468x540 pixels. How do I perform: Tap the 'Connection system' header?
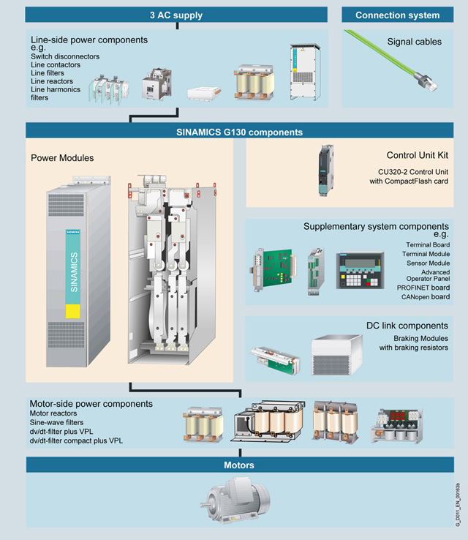coord(398,15)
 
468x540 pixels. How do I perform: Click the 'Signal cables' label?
coord(414,42)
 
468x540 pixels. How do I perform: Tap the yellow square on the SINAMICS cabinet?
coord(74,310)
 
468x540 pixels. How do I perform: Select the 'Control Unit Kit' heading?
coord(417,156)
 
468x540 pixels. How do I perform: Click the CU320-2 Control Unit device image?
coord(325,171)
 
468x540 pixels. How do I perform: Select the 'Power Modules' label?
coord(62,157)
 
